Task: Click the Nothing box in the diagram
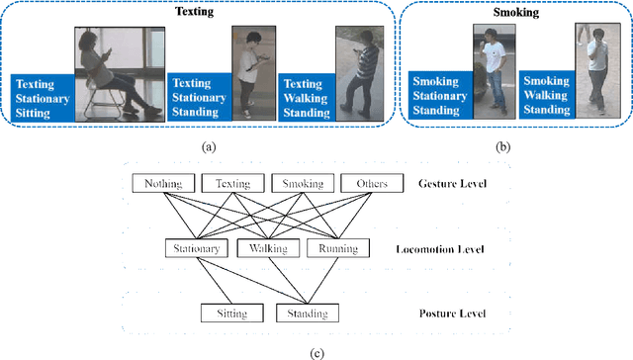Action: click(163, 183)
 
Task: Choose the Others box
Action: click(370, 183)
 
